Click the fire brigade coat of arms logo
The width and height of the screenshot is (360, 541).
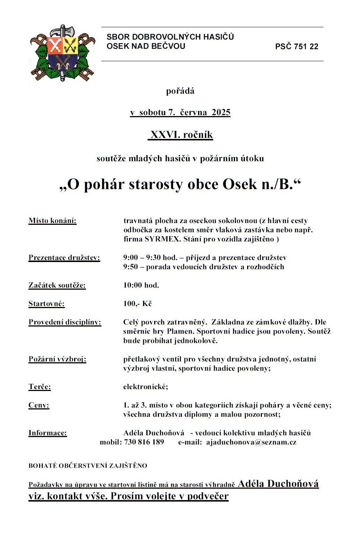tap(62, 53)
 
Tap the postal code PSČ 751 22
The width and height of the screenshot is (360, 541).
tap(297, 46)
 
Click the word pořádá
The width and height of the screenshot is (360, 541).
tap(180, 91)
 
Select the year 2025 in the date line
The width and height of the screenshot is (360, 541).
tap(221, 112)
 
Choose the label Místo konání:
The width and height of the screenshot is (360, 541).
tap(52, 221)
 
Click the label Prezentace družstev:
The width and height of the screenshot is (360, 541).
tap(64, 258)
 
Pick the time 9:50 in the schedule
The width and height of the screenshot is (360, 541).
tap(131, 267)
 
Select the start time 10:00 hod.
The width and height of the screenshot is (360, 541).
tap(141, 285)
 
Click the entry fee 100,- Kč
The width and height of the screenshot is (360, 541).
tap(137, 304)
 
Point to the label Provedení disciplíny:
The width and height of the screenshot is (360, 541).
tap(65, 322)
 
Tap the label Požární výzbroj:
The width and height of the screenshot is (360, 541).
tap(57, 359)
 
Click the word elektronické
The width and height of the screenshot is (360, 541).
tap(145, 387)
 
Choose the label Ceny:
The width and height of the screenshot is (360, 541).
tap(39, 405)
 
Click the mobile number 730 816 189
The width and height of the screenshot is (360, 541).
tap(144, 442)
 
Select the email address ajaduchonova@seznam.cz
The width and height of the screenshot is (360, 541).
tap(251, 442)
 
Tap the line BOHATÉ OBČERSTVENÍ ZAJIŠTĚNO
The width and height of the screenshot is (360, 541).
tap(88, 466)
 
